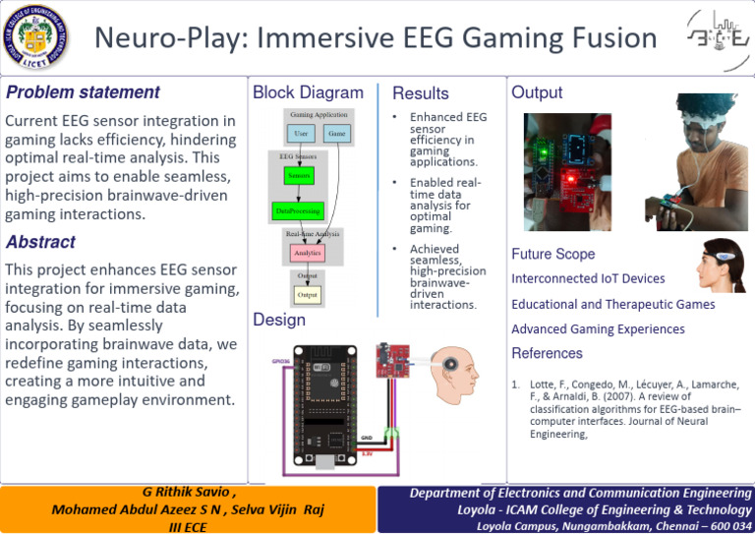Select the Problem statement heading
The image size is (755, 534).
tap(83, 92)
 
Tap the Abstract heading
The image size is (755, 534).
tap(40, 242)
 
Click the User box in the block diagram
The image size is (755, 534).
tap(301, 132)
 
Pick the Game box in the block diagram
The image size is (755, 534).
tap(336, 132)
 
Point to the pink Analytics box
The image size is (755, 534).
tap(307, 253)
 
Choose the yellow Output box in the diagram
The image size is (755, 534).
tap(308, 294)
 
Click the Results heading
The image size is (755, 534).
tap(421, 93)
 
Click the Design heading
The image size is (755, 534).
tap(279, 320)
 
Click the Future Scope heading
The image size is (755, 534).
tap(552, 255)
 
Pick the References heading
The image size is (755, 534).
tap(547, 353)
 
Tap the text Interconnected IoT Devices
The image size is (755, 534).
tap(588, 279)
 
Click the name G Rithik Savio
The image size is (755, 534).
tap(184, 492)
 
